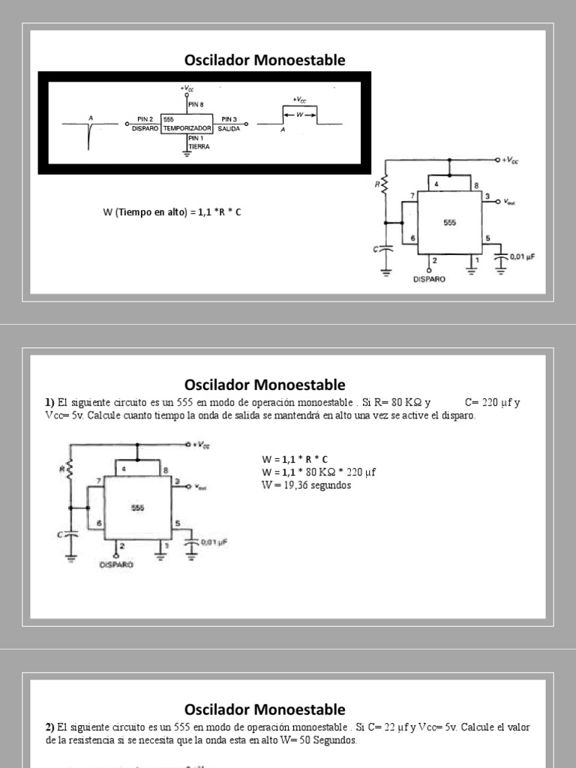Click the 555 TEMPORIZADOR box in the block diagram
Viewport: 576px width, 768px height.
click(x=187, y=124)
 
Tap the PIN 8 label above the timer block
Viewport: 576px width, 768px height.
click(x=196, y=105)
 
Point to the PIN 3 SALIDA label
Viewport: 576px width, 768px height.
click(x=229, y=124)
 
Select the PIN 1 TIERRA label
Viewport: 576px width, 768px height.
click(x=199, y=142)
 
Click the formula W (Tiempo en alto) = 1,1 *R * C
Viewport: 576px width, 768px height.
click(x=172, y=212)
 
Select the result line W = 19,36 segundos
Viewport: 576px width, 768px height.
click(x=306, y=484)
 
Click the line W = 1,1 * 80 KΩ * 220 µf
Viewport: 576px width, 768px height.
click(x=318, y=471)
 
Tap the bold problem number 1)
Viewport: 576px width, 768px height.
click(x=49, y=403)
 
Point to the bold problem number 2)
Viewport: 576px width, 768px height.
click(x=49, y=727)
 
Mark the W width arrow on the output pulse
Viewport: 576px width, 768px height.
click(x=300, y=115)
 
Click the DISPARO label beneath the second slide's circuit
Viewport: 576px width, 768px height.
click(x=116, y=565)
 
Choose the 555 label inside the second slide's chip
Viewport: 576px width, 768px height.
click(x=137, y=508)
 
